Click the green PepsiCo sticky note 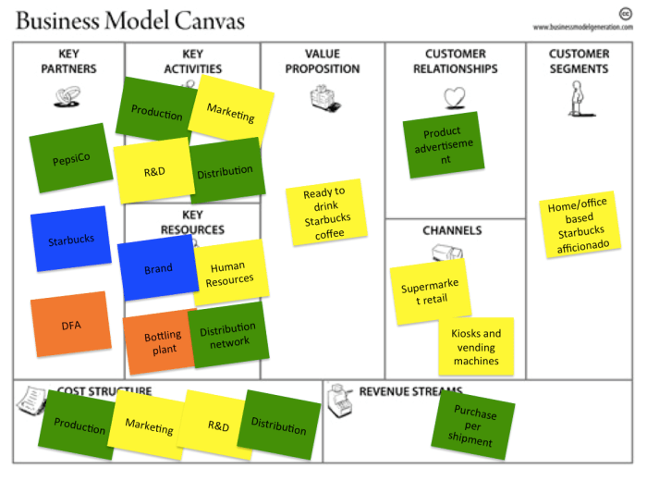coord(70,158)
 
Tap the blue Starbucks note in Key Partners coord(70,240)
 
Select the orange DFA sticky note coord(70,325)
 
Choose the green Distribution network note coord(228,335)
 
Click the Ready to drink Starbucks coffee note coord(323,213)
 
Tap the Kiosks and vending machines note coord(476,346)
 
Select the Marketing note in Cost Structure coord(149,426)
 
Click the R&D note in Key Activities coord(153,171)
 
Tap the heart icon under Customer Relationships coord(454,97)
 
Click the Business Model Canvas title coord(129,20)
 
